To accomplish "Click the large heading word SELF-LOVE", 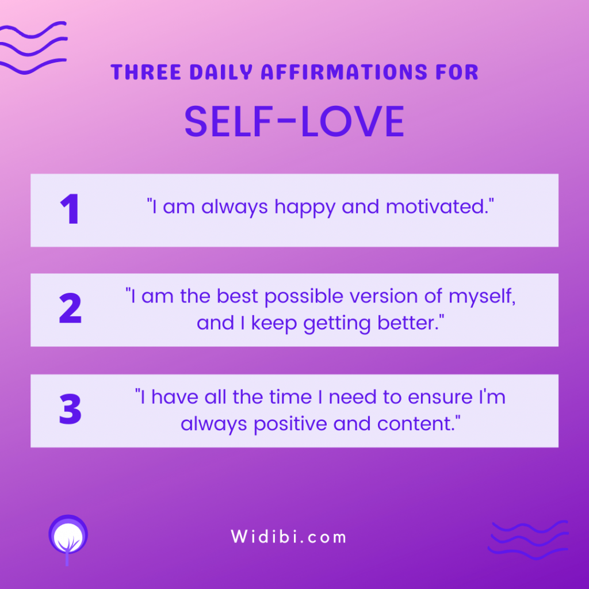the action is click(x=294, y=121).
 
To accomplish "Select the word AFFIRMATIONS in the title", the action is click(x=345, y=72).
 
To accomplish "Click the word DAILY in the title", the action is click(x=221, y=72).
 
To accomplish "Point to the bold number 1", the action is click(x=70, y=209).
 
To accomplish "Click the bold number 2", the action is click(x=70, y=308).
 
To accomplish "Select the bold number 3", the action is click(x=70, y=409).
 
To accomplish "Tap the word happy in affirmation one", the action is click(x=305, y=208).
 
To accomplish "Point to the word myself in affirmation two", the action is click(x=482, y=297).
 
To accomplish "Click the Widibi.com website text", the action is click(x=289, y=537).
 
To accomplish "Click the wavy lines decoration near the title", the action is click(x=33, y=48).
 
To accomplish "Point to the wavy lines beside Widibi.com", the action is click(x=528, y=540).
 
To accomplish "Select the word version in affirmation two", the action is click(x=384, y=296).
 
